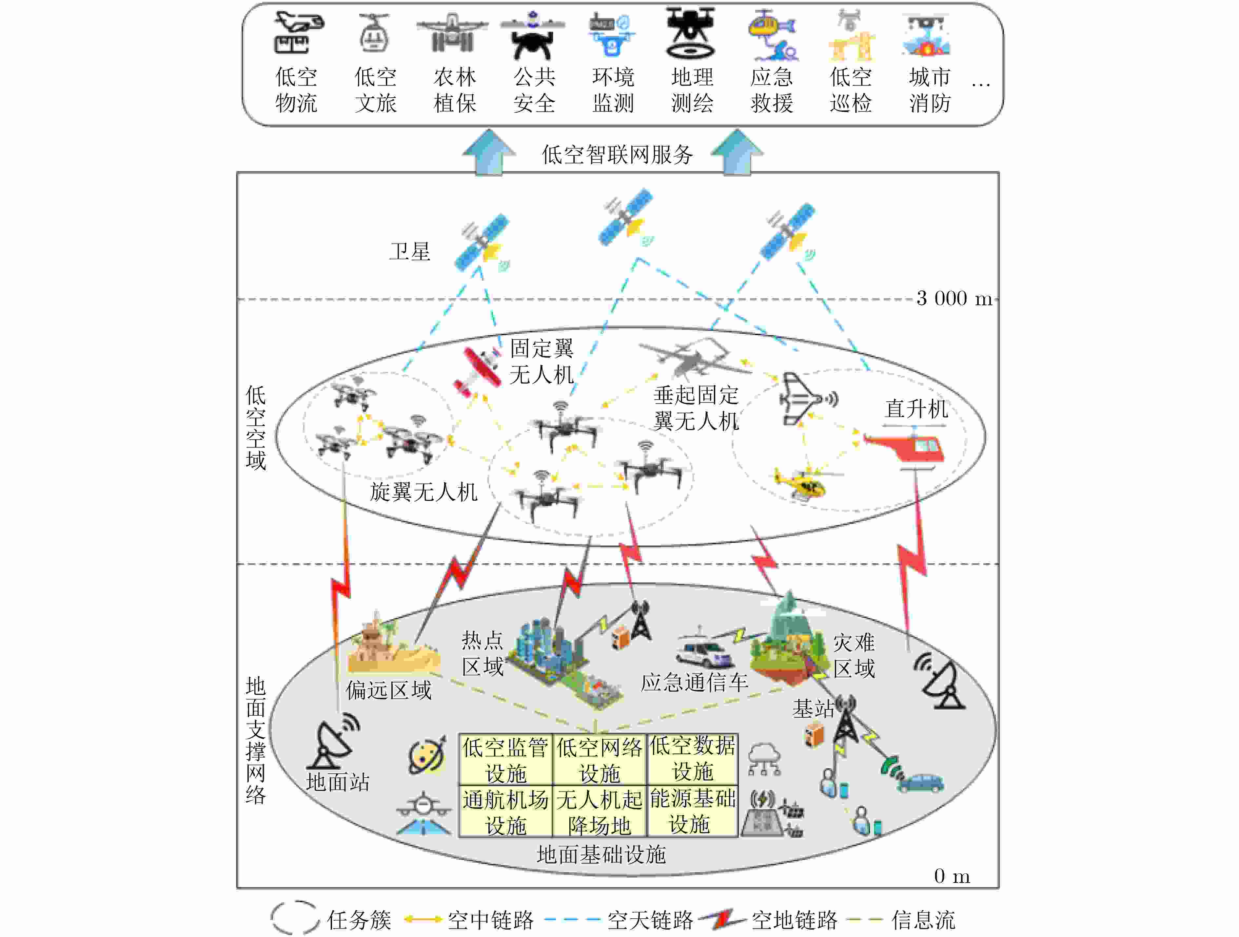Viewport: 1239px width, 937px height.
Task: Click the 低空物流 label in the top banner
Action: [296, 90]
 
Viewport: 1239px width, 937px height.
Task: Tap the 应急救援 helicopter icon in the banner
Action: [772, 35]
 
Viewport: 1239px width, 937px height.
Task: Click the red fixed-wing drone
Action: [478, 371]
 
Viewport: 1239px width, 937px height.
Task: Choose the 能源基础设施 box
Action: [692, 811]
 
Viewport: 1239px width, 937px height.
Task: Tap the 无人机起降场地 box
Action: [599, 811]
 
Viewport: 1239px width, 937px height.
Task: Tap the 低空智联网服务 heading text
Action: [617, 155]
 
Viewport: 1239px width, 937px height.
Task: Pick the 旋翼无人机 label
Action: [423, 492]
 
